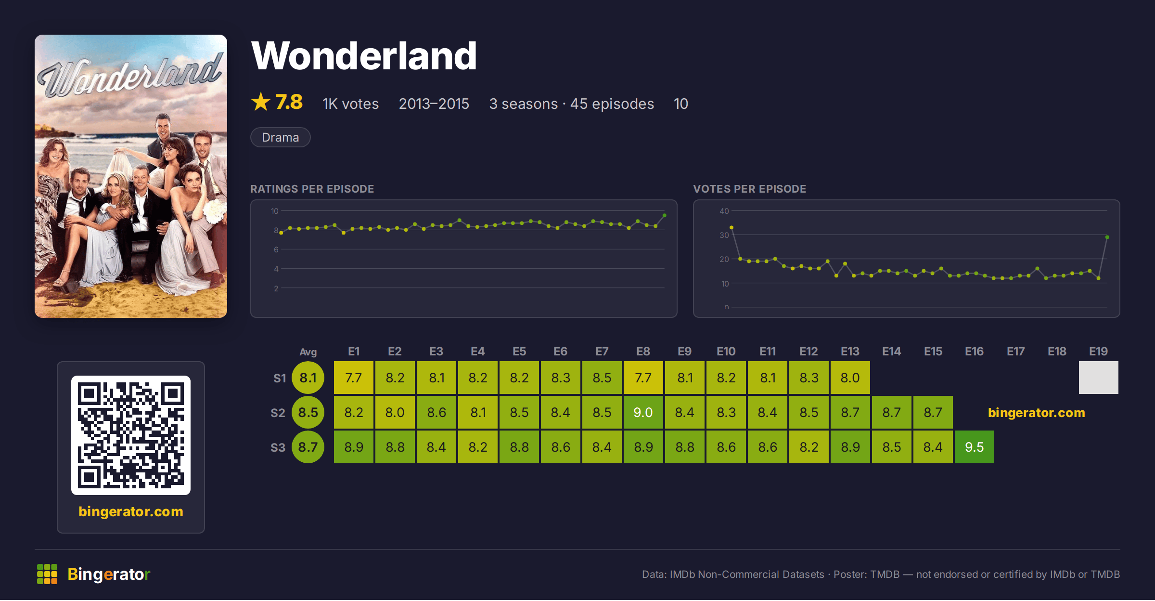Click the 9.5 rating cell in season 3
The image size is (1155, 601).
click(974, 447)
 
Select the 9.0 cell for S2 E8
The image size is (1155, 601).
click(643, 412)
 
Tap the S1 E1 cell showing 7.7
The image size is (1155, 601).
click(353, 378)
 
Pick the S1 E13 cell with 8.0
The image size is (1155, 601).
click(850, 378)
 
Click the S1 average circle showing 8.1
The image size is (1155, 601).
click(308, 378)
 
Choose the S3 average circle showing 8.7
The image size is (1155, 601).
click(308, 447)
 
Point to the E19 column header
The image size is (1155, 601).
click(1098, 352)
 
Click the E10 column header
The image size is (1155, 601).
click(726, 352)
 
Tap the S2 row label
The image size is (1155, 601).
click(278, 413)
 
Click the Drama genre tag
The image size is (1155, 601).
click(281, 137)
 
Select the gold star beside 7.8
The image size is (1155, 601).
click(261, 102)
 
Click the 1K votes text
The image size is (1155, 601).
click(350, 104)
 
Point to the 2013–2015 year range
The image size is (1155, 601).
click(434, 104)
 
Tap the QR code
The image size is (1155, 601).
click(131, 435)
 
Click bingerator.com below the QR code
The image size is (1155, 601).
click(131, 511)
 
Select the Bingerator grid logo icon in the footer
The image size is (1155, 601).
click(47, 574)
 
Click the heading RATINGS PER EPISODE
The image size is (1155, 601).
click(312, 189)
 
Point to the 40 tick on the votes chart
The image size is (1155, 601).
click(724, 211)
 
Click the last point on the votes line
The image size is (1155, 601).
click(1107, 237)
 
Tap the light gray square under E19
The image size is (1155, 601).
click(1099, 378)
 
